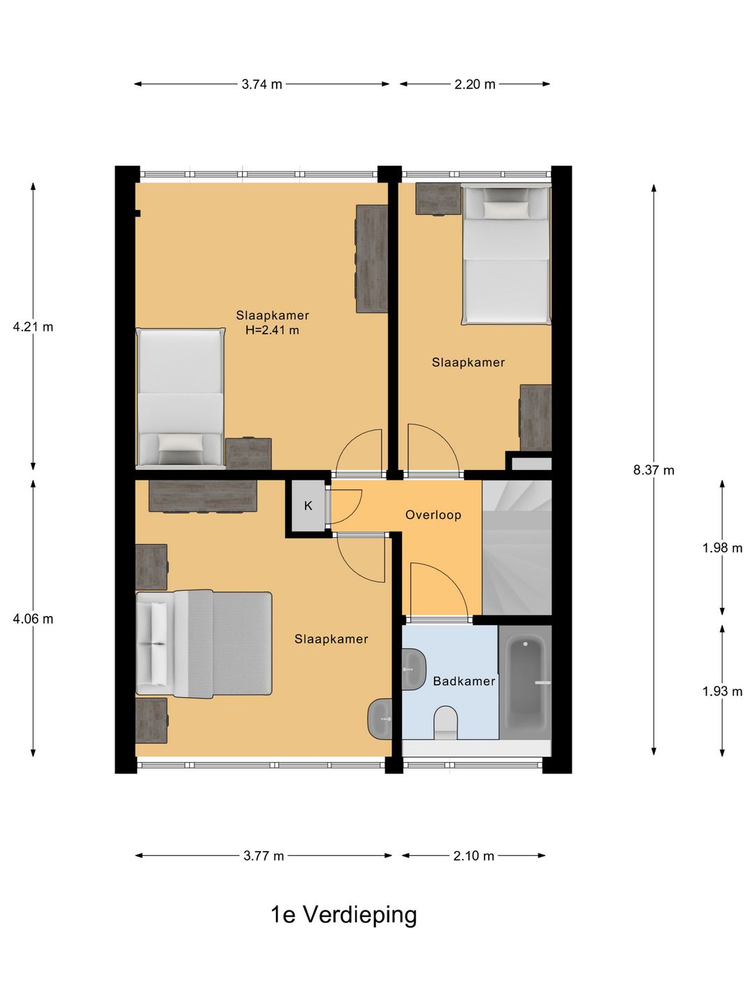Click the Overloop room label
click(433, 515)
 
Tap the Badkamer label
click(464, 681)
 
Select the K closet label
click(308, 506)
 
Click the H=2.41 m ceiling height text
click(273, 330)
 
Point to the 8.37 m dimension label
click(654, 470)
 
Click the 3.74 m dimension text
click(261, 85)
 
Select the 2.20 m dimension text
click(475, 85)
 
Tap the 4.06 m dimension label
click(33, 619)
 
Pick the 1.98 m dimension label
click(722, 548)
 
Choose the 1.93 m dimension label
click(722, 691)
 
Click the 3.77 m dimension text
click(264, 856)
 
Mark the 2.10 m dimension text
click(473, 856)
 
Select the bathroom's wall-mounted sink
click(414, 669)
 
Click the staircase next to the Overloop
click(517, 548)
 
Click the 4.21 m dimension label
click(33, 327)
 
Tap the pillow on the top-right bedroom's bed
click(505, 210)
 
